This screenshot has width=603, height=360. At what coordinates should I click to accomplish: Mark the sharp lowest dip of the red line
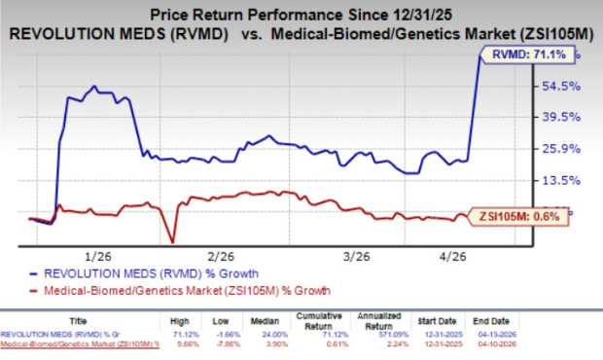click(172, 242)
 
